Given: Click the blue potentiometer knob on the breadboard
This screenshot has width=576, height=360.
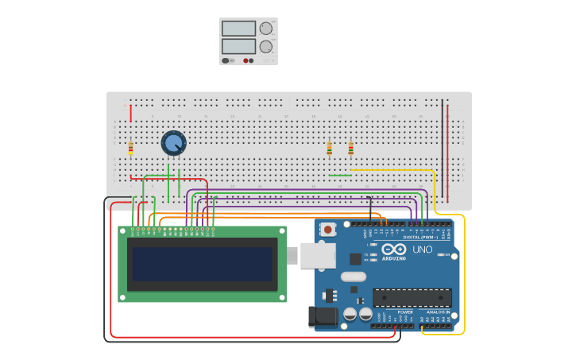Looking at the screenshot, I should (173, 143).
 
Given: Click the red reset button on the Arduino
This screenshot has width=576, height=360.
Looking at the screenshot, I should (328, 230).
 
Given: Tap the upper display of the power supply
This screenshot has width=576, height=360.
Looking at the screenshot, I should (238, 29).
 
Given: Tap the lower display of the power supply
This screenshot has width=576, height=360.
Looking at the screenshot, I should (238, 46).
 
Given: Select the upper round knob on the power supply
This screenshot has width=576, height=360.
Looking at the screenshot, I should (265, 29).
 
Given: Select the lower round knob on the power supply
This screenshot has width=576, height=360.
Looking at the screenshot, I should (265, 47).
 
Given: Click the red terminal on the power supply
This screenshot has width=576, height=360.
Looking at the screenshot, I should (245, 60).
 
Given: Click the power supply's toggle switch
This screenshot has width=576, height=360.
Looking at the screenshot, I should (226, 60).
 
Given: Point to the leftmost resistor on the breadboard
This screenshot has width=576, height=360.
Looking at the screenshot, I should (130, 148).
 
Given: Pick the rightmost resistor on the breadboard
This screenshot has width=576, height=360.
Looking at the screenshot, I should (350, 149).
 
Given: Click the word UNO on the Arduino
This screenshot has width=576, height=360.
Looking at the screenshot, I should (422, 250).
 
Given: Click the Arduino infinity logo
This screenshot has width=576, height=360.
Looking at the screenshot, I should (394, 249).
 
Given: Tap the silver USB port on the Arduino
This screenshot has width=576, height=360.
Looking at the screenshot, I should (317, 255).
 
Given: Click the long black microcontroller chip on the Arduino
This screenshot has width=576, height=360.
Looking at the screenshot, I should (412, 297).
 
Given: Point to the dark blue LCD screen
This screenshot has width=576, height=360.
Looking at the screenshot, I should (203, 264).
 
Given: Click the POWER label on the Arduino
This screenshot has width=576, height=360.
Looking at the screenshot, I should (405, 312).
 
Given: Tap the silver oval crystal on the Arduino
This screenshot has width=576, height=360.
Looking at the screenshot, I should (354, 277).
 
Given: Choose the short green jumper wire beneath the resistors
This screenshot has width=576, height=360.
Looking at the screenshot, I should (339, 175).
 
